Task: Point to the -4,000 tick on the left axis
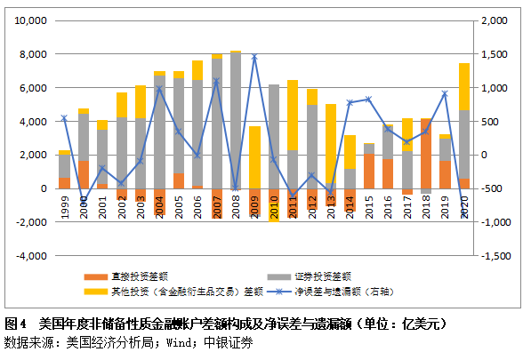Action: pos(31,256)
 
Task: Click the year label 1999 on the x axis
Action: pos(64,206)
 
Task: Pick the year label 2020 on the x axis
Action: pos(464,206)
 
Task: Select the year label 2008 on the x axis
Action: pos(236,206)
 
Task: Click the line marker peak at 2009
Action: pos(254,57)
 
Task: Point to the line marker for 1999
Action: pos(64,117)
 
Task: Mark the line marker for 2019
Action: pos(445,93)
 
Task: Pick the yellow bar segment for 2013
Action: pos(331,142)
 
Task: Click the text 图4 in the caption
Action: pos(15,324)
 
